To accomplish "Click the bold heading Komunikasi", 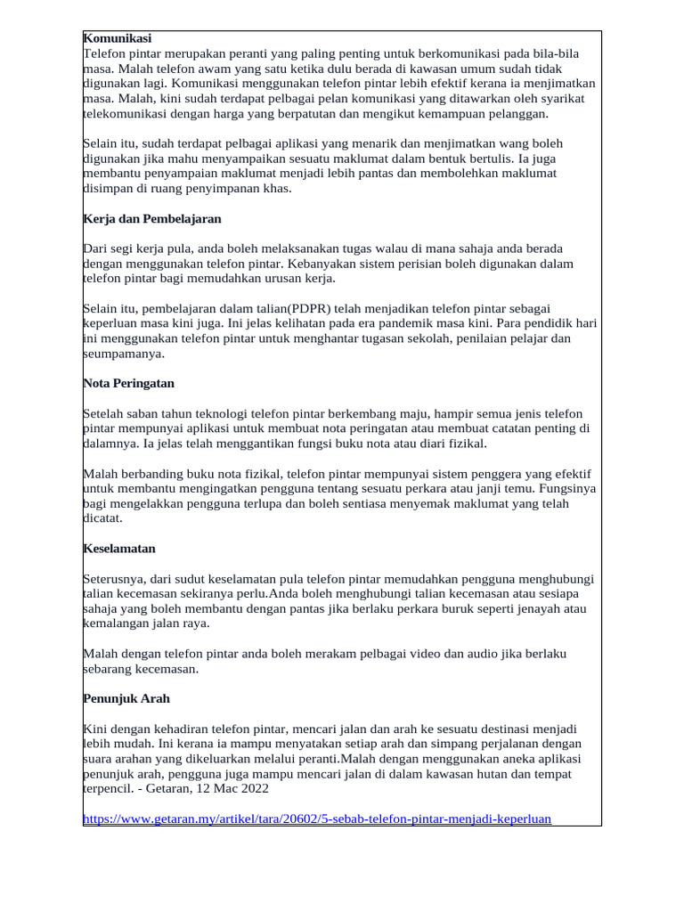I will click(118, 38).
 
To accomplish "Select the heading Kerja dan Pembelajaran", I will click(151, 218).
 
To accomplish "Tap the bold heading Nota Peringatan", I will click(128, 383).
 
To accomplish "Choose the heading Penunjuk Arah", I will click(126, 699).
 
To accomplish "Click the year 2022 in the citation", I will click(251, 789).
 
